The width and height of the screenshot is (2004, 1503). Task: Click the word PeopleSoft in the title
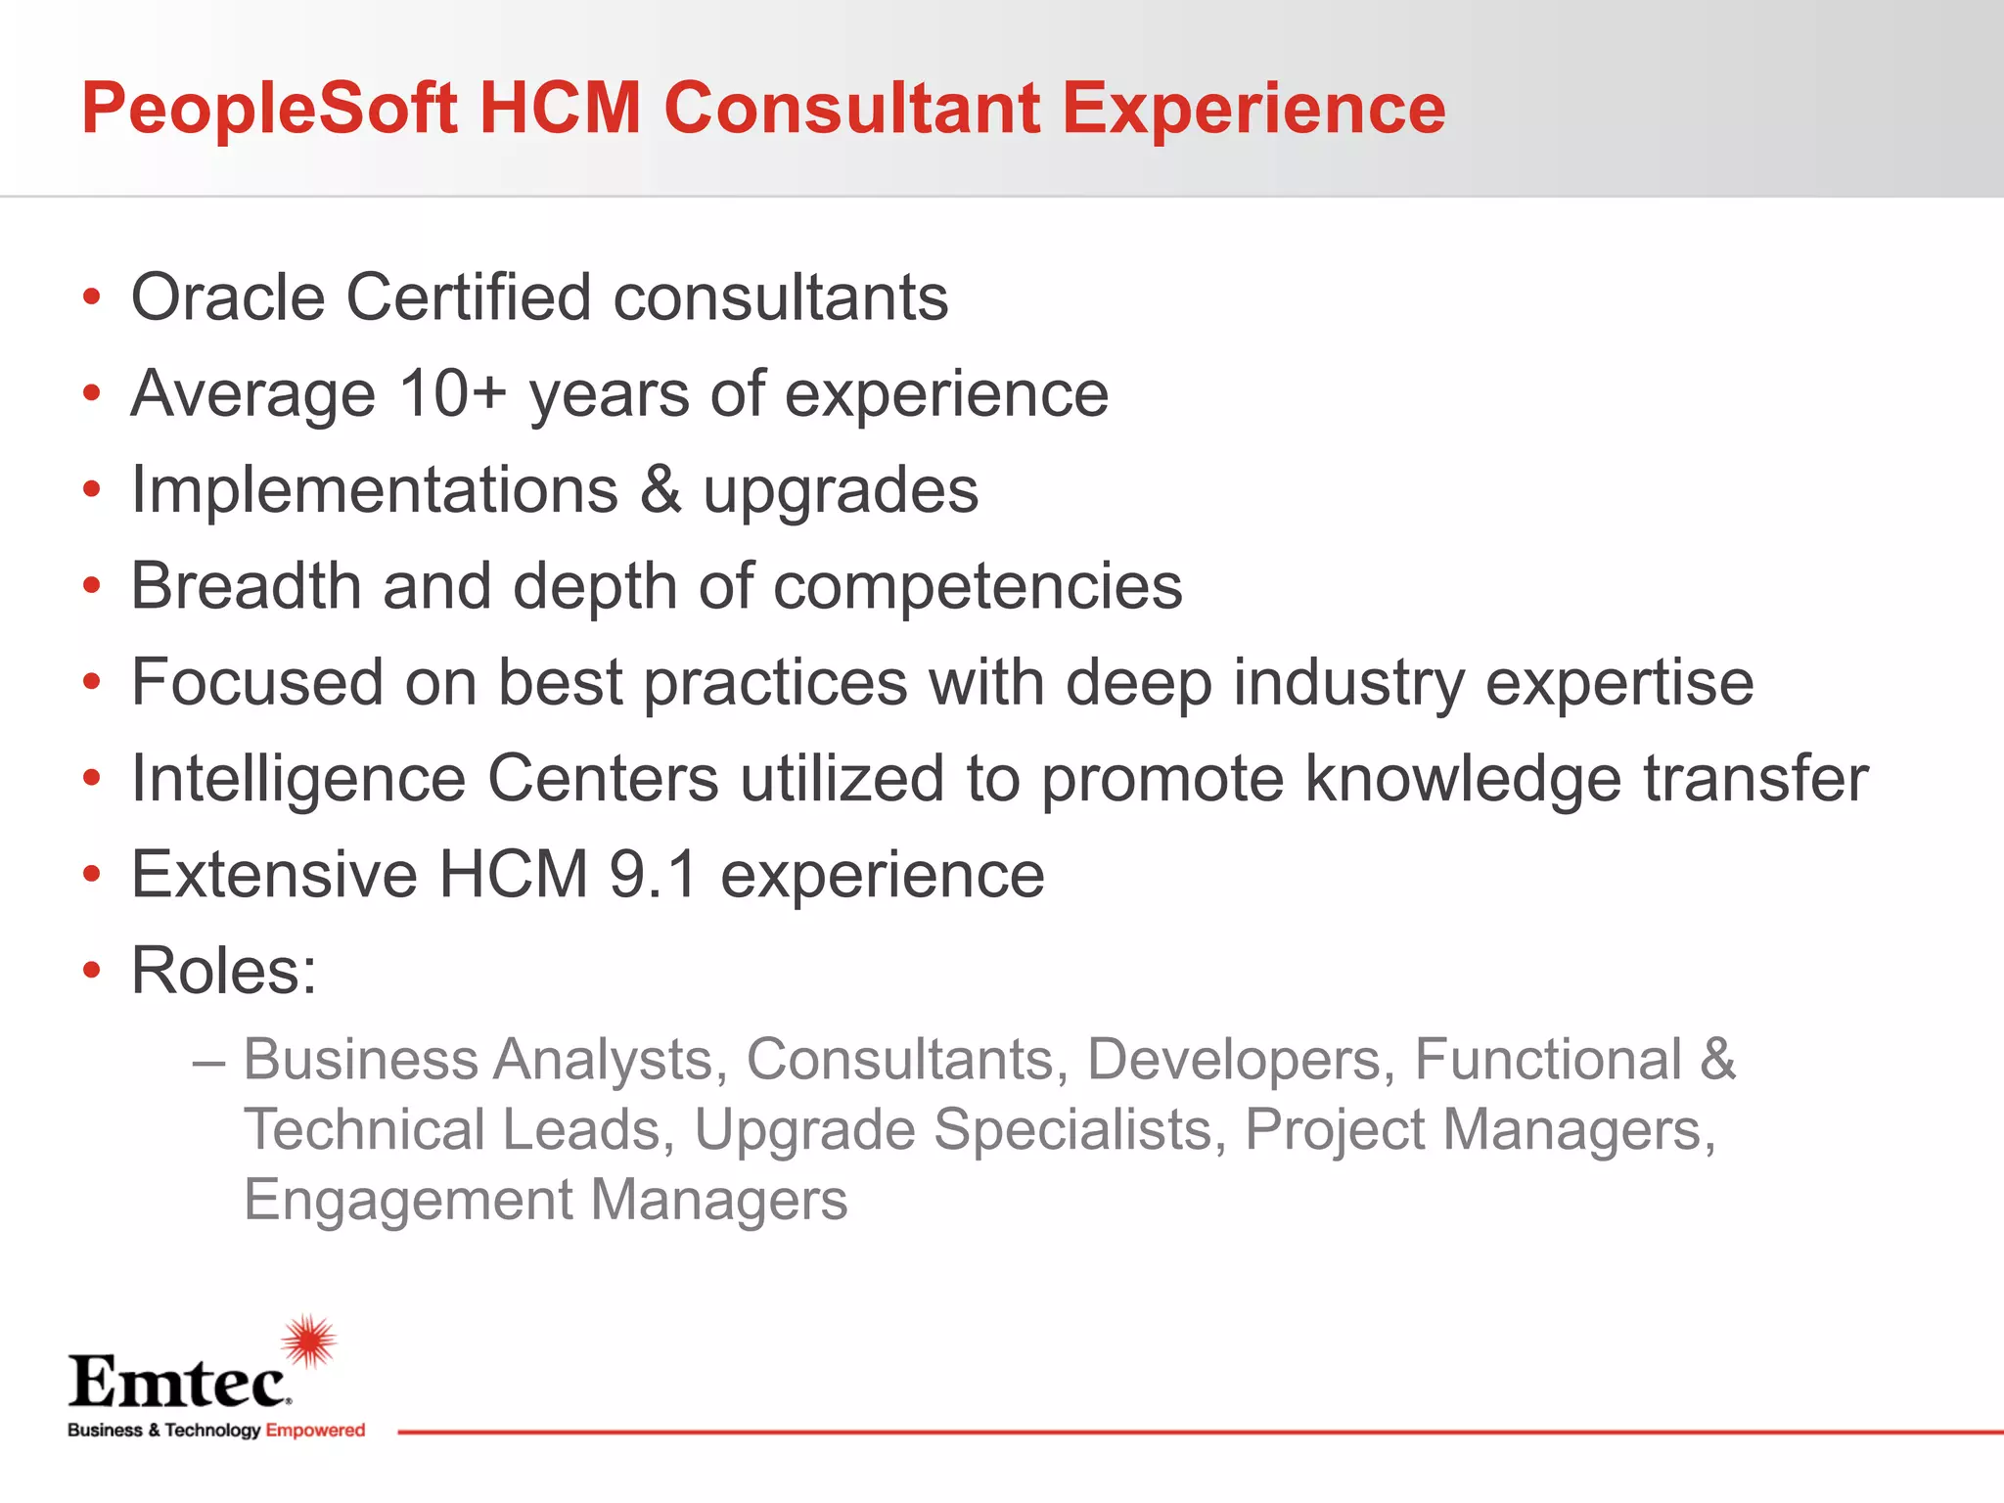(x=269, y=110)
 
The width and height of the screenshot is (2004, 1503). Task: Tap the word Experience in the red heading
(x=1253, y=110)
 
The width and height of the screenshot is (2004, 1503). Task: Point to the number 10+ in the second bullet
(x=452, y=394)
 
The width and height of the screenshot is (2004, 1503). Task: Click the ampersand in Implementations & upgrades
(x=661, y=490)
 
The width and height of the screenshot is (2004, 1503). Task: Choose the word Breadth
(x=246, y=586)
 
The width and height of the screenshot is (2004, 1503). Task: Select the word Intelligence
(x=298, y=780)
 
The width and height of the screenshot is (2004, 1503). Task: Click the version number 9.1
(x=654, y=875)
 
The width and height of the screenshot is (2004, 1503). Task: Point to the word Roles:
(x=224, y=971)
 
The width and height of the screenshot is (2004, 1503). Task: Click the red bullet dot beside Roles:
(x=92, y=971)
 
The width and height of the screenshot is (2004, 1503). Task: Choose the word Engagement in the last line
(x=408, y=1202)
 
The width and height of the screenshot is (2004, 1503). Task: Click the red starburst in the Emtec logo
(x=309, y=1342)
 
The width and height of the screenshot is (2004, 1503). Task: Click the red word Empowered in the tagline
(x=315, y=1431)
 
